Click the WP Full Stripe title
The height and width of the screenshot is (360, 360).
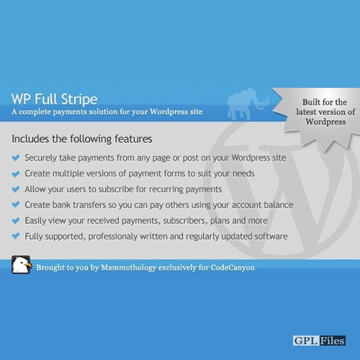[x=55, y=99]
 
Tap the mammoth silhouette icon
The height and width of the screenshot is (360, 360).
[x=248, y=104]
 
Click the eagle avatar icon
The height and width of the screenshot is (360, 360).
[x=22, y=265]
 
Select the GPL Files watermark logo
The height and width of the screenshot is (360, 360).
[x=319, y=341]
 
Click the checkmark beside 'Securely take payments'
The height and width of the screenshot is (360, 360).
[x=16, y=158]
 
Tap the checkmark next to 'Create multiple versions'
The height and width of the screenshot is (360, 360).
[x=16, y=174]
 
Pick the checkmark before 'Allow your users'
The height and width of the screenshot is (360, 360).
[x=16, y=189]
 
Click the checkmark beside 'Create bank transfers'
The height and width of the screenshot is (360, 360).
[x=16, y=204]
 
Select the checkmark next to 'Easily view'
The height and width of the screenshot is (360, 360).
[x=16, y=220]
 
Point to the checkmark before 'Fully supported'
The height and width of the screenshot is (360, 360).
[x=16, y=236]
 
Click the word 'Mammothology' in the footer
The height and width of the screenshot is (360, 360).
[x=128, y=268]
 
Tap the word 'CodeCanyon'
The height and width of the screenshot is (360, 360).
[x=233, y=268]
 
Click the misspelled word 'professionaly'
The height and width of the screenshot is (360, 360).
[x=113, y=237]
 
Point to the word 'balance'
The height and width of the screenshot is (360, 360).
[x=279, y=205]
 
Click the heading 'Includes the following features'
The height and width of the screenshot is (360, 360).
[x=82, y=139]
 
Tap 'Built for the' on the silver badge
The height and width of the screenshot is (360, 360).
[x=325, y=102]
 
